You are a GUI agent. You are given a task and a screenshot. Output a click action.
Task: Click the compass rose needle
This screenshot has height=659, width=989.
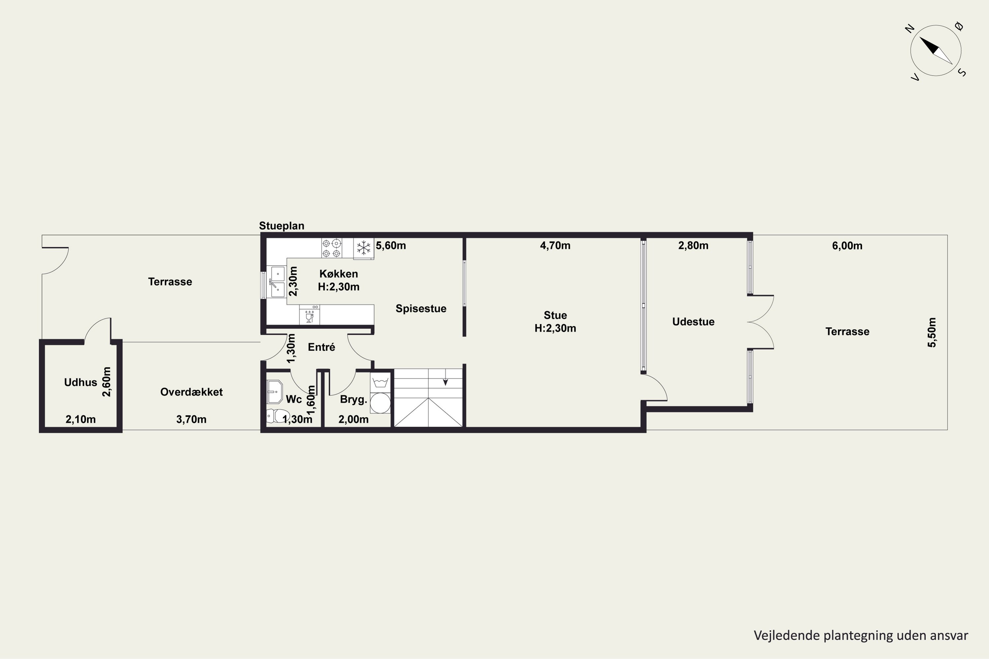936,50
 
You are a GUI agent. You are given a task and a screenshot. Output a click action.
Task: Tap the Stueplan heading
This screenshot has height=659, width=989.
281,226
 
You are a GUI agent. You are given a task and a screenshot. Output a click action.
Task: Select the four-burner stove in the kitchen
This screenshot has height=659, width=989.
331,248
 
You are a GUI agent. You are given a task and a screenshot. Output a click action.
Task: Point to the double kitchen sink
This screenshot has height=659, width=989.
277,282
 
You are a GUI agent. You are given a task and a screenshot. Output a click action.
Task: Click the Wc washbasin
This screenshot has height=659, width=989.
274,392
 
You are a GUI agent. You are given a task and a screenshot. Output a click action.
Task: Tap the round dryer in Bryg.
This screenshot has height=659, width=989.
380,403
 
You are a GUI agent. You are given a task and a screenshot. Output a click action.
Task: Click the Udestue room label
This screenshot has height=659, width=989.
693,322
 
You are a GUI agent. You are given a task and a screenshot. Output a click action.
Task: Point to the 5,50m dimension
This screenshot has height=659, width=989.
932,332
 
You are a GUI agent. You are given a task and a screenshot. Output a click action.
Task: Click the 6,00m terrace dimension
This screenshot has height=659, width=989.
847,246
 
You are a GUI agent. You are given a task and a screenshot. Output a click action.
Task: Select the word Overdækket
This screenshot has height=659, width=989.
191,392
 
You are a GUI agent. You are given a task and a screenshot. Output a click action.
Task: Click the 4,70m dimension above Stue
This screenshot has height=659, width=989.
555,245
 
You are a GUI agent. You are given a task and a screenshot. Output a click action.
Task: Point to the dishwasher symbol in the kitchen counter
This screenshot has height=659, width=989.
310,315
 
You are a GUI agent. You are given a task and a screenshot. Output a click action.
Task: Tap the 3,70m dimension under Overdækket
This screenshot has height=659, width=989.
191,419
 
